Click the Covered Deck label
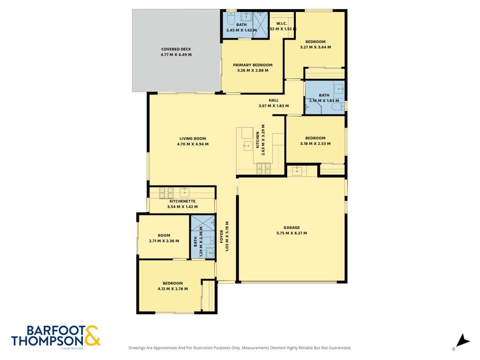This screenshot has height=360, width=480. pos(176,49)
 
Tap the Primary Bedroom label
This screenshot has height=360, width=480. pos(252,65)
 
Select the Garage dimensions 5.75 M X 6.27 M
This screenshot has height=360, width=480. pos(292,233)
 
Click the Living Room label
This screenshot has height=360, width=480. pos(192,138)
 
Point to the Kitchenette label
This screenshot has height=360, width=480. pos(182,201)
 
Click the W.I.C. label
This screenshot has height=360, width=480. pos(282,23)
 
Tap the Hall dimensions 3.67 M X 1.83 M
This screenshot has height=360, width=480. pos(274,106)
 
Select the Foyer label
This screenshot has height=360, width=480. pos(222,236)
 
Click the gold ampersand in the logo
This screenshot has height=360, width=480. pos(92,335)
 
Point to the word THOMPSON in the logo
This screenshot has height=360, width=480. pos(47,340)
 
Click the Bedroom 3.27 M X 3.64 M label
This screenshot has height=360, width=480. pos(315,42)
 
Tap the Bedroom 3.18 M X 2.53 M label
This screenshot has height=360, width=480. pos(315,138)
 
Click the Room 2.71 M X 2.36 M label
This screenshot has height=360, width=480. pos(164,236)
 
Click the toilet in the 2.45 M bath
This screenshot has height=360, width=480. pos(230,18)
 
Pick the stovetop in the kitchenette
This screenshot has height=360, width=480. pos(166,193)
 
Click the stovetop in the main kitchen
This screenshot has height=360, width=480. pos(264,168)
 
